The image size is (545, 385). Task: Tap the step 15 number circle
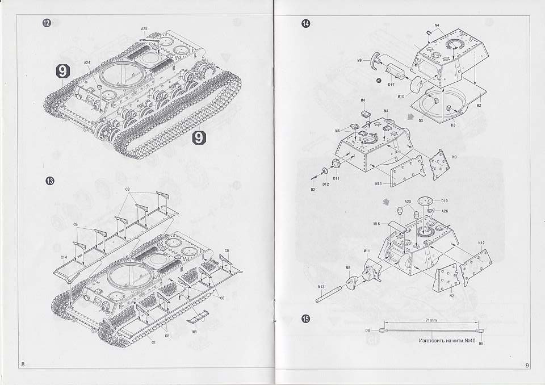[x=306, y=319]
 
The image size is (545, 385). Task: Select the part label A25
[x=144, y=28]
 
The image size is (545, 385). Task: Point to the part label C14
[x=64, y=257]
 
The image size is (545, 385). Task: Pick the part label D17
[x=391, y=84]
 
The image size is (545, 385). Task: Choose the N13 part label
[x=378, y=183]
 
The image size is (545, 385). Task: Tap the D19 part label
[x=445, y=201]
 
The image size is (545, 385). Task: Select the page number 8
[x=23, y=364]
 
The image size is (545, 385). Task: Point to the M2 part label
[x=479, y=106]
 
